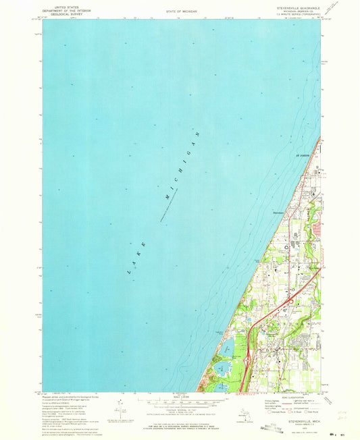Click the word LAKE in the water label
(x=134, y=261)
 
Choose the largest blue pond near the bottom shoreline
(x=222, y=368)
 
